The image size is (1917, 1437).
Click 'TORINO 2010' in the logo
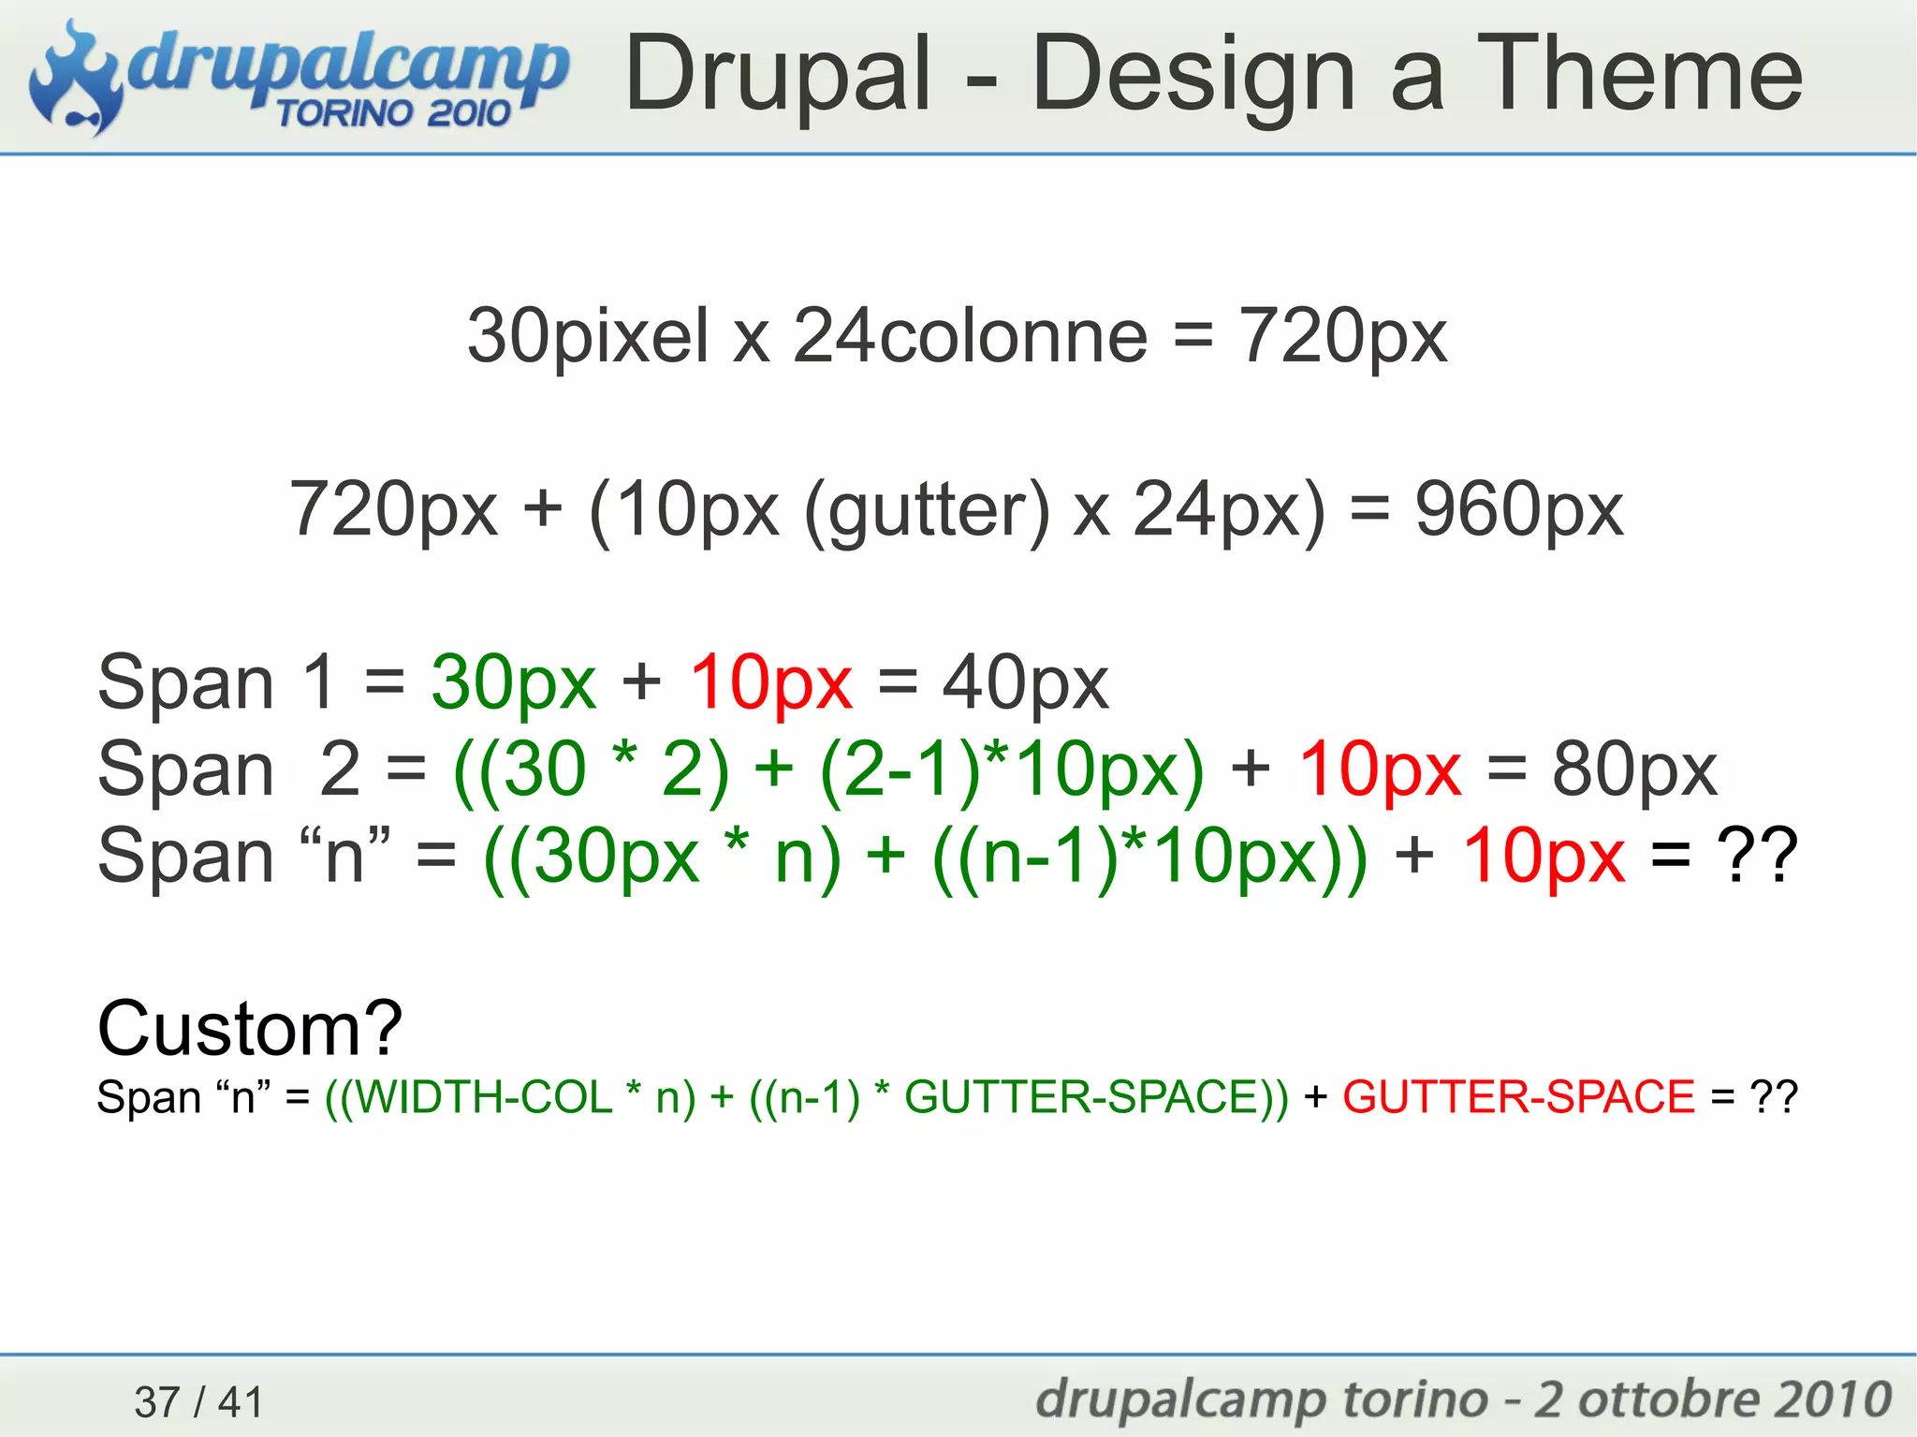(x=393, y=113)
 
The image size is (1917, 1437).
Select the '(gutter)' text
(x=927, y=510)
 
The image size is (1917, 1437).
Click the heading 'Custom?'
(x=250, y=1028)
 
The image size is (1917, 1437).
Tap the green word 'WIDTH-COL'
(x=484, y=1096)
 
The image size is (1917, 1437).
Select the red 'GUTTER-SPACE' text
(x=1518, y=1096)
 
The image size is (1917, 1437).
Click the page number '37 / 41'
(x=199, y=1401)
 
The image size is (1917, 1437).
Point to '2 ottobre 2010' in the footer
(x=1712, y=1400)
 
